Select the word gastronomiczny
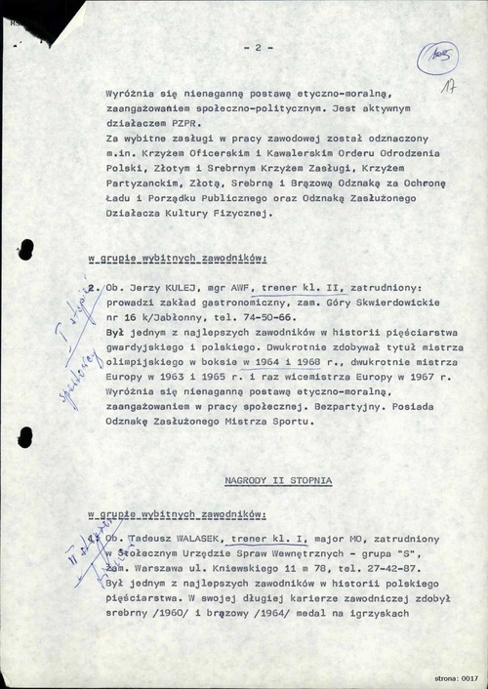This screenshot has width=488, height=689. click(226, 304)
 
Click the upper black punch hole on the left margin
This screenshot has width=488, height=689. click(26, 248)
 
